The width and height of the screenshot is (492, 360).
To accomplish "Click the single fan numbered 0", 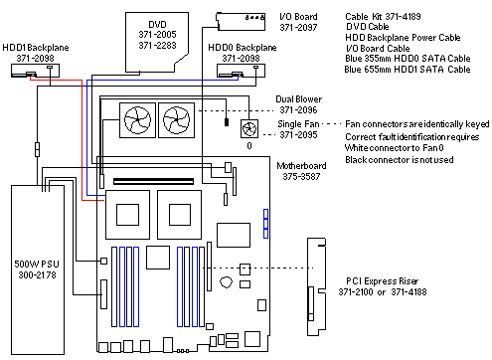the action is (x=249, y=128).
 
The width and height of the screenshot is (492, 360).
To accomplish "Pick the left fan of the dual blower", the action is (x=137, y=120).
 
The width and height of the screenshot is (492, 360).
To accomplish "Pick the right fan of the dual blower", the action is (x=177, y=120).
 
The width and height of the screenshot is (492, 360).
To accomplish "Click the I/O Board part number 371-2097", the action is (x=298, y=28).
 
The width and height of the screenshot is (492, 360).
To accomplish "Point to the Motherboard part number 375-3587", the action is (x=301, y=176).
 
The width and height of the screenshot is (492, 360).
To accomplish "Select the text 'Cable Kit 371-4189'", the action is (x=383, y=16).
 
